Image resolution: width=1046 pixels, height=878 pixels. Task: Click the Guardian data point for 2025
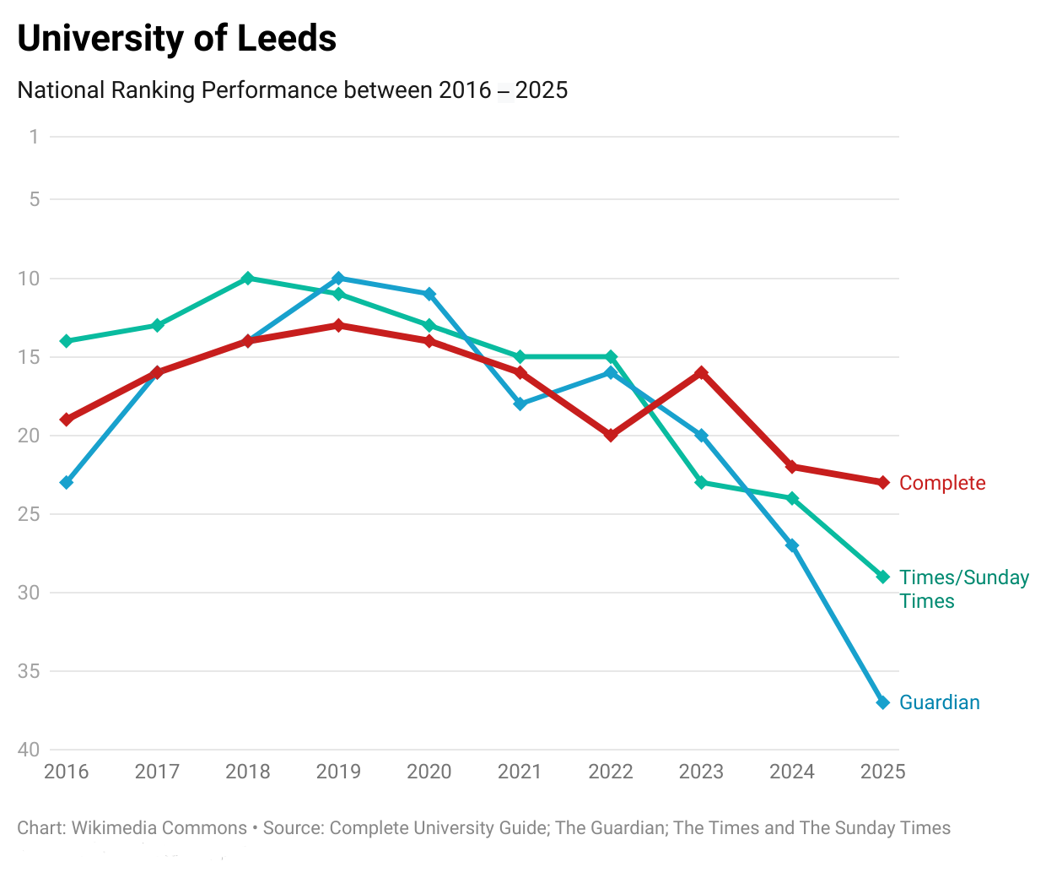pos(883,702)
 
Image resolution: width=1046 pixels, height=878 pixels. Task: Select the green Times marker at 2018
pos(248,279)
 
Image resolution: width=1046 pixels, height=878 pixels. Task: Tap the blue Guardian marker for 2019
pos(338,279)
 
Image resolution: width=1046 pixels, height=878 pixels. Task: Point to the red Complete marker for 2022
pos(611,436)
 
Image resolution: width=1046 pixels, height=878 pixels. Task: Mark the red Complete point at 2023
pos(701,372)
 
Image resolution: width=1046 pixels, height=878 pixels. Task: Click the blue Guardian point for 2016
pos(67,483)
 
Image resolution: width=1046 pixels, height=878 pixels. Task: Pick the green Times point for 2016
pos(67,341)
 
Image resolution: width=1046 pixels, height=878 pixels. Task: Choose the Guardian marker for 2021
pos(520,404)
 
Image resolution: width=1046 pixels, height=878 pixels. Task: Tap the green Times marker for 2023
pos(701,483)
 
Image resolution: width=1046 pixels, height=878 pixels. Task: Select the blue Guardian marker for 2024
pos(792,545)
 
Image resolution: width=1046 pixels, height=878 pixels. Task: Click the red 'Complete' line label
pos(942,483)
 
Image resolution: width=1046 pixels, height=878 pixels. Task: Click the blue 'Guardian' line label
pos(940,702)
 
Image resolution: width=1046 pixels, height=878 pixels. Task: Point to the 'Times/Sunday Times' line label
pos(963,588)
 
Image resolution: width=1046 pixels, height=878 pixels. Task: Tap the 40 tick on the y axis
pos(29,750)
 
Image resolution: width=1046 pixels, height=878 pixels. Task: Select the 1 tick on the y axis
pos(34,137)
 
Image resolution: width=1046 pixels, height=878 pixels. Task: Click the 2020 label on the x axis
pos(429,772)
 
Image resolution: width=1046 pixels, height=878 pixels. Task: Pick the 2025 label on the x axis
pos(882,772)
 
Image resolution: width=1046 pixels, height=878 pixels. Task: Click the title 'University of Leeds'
pos(177,39)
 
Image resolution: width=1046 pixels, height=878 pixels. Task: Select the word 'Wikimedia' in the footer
pos(116,828)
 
